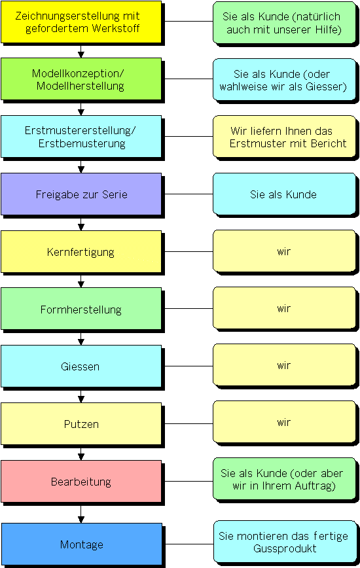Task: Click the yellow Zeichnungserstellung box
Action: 81,22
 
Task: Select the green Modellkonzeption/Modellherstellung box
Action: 81,79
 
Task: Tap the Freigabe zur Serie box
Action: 81,194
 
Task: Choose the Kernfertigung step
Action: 81,252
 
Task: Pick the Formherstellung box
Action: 81,309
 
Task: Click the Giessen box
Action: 81,366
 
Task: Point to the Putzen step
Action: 81,424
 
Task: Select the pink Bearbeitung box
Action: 81,482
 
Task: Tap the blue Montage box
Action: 81,544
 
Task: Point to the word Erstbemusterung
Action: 82,143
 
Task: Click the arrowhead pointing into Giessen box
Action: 81,342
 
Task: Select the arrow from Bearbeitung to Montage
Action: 81,512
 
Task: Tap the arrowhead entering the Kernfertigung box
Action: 81,228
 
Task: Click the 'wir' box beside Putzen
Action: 284,422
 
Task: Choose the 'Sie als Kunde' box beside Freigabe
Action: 284,194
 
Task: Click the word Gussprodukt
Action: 285,549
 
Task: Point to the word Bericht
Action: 329,143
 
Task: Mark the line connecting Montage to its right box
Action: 188,544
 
